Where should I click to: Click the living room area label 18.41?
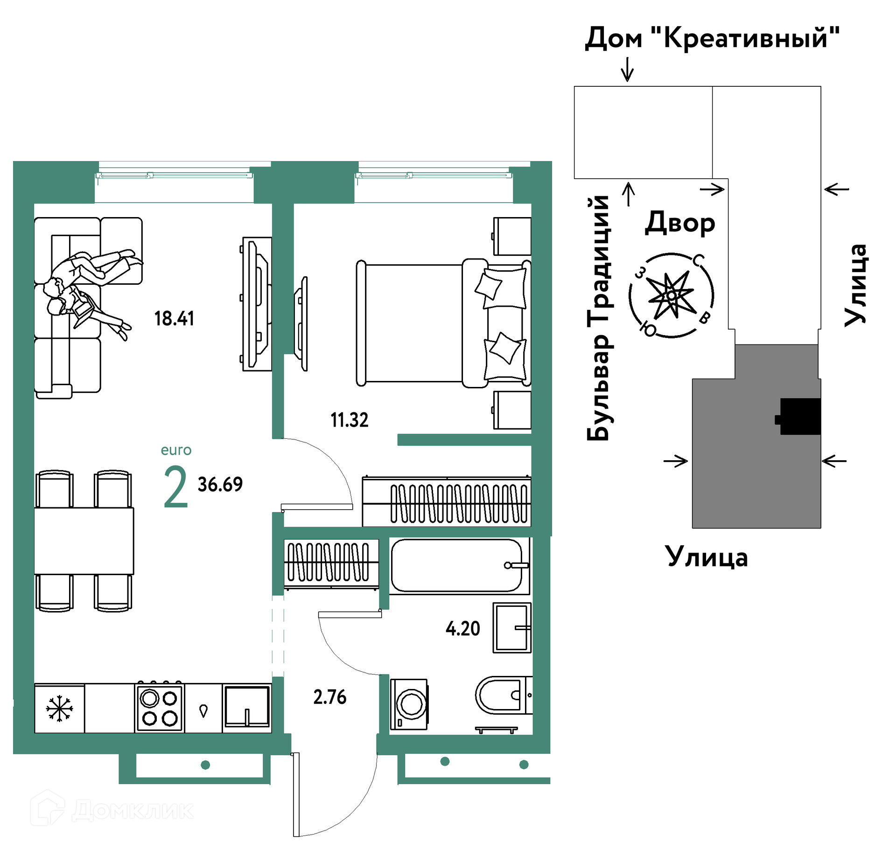174,318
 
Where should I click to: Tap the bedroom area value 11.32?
350,420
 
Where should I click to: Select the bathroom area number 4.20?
462,628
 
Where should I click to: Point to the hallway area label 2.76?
330,697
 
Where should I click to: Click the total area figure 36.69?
220,485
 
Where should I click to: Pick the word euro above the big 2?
176,450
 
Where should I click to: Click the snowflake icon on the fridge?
59,709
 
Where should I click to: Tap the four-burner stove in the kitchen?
160,708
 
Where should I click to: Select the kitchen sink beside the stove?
247,707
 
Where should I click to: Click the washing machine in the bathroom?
409,704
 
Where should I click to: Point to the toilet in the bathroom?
504,695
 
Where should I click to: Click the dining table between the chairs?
84,541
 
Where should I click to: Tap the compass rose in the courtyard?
671,295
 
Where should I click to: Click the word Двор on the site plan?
679,223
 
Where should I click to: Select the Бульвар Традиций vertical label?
598,317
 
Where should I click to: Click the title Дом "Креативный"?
712,37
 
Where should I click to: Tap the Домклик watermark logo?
112,809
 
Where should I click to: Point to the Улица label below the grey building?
707,556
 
